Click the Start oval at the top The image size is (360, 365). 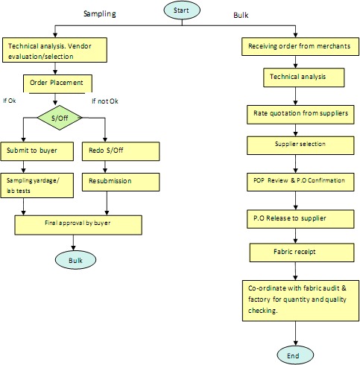[x=182, y=10]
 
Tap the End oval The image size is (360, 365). [x=295, y=355]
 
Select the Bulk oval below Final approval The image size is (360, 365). [x=75, y=260]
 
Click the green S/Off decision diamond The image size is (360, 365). [x=60, y=118]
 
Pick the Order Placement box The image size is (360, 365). [x=57, y=83]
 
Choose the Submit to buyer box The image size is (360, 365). [x=37, y=151]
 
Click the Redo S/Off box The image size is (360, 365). [x=121, y=151]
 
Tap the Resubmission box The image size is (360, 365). [x=121, y=182]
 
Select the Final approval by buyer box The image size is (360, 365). [x=78, y=225]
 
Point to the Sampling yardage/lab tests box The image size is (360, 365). [x=37, y=185]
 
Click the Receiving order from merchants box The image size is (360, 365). [x=300, y=46]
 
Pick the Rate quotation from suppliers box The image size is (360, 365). [x=300, y=115]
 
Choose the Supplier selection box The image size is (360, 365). [x=300, y=145]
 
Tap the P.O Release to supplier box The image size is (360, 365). [x=300, y=219]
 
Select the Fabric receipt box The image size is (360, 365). [x=302, y=253]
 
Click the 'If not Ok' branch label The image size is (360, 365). [x=105, y=101]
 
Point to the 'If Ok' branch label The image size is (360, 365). [x=10, y=101]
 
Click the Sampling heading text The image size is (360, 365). [x=100, y=13]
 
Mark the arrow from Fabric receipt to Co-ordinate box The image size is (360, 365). [x=295, y=271]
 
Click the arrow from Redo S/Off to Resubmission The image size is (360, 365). [x=105, y=167]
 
